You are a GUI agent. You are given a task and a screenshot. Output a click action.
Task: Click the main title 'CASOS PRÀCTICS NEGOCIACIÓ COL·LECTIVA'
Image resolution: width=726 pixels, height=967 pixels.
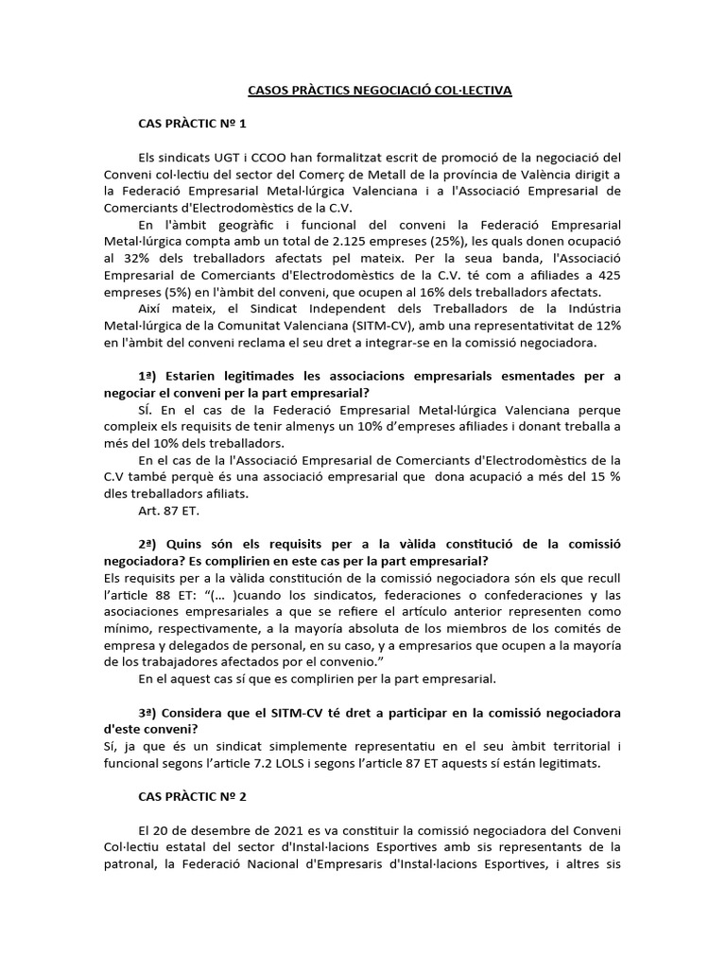click(x=379, y=91)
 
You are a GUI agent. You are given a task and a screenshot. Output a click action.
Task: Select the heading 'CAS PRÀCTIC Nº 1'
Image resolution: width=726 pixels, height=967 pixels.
click(x=192, y=124)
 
